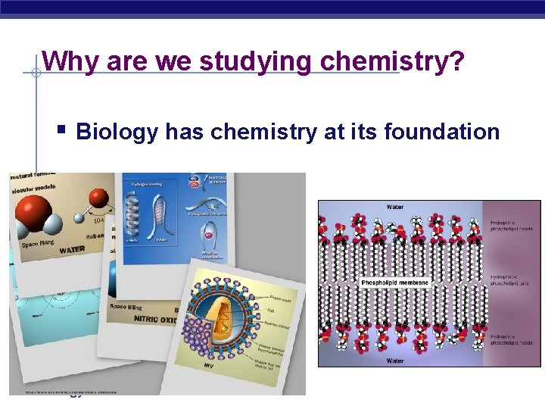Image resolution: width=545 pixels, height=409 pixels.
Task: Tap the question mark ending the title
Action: pos(456,61)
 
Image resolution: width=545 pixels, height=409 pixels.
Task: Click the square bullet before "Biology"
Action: pos(62,131)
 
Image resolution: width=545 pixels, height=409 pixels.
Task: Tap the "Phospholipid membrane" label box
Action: pos(395,283)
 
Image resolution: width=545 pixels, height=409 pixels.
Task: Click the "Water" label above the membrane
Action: pos(395,206)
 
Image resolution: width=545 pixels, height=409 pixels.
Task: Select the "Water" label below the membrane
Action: pos(395,361)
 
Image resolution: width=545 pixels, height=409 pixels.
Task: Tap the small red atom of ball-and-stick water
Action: pos(98,199)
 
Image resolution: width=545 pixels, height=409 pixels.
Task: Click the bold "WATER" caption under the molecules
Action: pos(72,249)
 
